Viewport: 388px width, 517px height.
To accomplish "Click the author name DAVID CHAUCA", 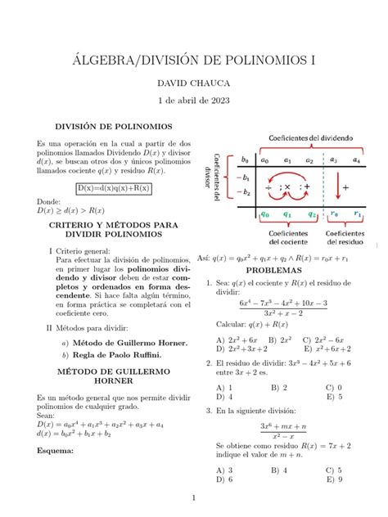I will point(194,83).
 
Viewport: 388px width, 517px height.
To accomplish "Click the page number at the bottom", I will point(194,497).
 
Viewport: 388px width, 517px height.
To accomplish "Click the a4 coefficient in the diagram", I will point(355,160).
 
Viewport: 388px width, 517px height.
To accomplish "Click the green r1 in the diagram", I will point(358,215).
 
